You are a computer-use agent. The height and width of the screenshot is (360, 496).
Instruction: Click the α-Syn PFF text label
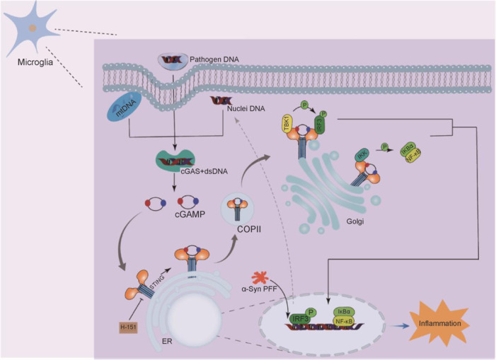click(x=263, y=292)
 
